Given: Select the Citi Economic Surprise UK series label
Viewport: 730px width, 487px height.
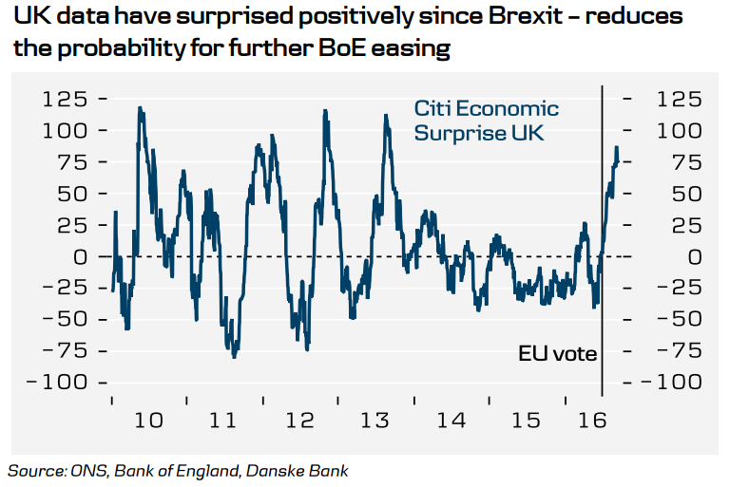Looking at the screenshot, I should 486,121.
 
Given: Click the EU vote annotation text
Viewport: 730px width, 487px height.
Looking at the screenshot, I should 557,354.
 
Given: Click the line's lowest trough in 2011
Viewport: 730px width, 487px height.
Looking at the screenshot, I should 234,357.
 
